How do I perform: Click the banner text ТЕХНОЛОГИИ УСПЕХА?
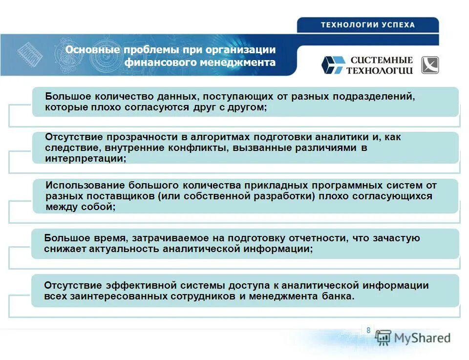point(367,25)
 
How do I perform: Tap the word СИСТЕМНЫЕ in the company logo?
point(382,60)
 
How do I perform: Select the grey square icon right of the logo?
point(430,65)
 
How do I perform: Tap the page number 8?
point(368,331)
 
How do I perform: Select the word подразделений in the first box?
point(374,96)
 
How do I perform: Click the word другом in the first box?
point(248,107)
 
